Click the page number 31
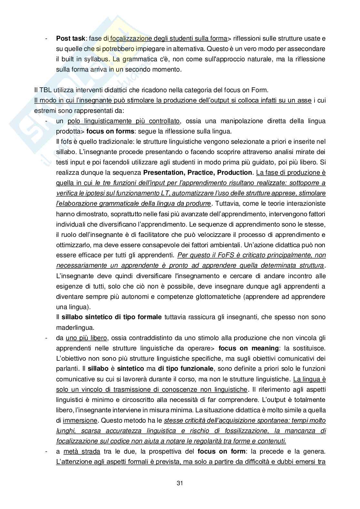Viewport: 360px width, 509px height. (180, 483)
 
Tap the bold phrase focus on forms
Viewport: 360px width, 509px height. (107, 132)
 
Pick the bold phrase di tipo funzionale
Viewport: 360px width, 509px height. (185, 369)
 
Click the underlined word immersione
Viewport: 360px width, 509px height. (80, 420)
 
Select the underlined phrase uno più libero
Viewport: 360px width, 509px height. (86, 338)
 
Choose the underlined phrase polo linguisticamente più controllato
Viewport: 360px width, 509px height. (124, 121)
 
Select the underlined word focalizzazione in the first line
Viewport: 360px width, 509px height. (131, 39)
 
